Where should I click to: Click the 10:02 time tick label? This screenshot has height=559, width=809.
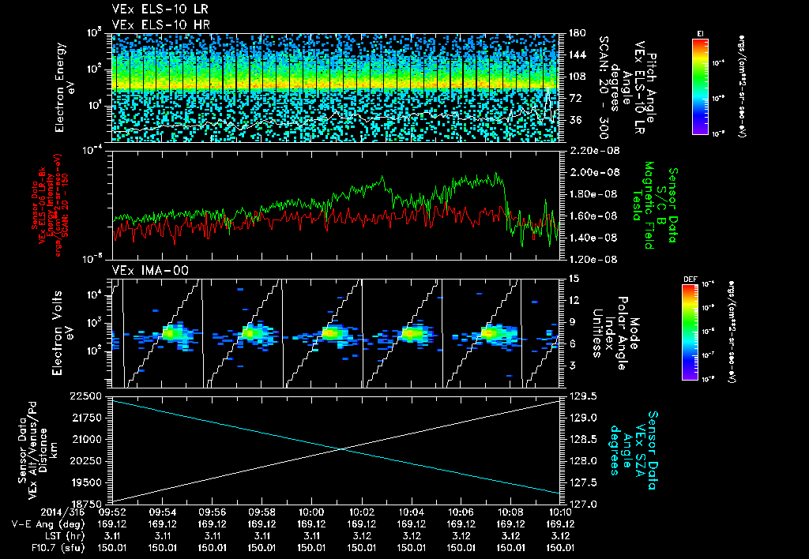coord(361,512)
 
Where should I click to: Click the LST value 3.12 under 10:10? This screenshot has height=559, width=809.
coord(560,535)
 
